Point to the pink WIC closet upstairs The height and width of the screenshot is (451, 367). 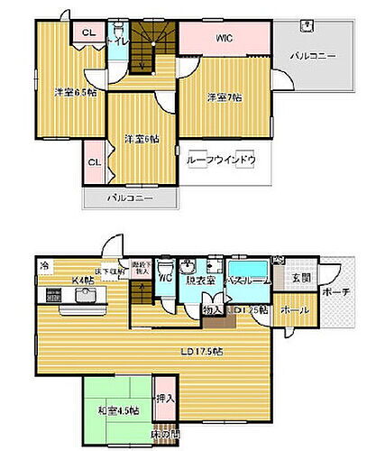point(224,39)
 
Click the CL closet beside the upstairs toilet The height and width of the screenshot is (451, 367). point(87,33)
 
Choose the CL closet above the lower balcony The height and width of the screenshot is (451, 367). point(94,162)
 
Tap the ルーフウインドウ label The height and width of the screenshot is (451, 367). point(221,160)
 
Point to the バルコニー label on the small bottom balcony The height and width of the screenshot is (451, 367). point(130,198)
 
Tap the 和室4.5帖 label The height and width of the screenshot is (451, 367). point(119,411)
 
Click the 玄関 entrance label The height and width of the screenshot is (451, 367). point(301,280)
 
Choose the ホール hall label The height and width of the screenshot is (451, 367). point(295,310)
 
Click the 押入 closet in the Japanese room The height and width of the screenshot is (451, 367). point(165,397)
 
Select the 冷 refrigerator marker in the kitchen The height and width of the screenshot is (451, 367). point(45,267)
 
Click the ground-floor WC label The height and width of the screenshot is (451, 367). point(165,280)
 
